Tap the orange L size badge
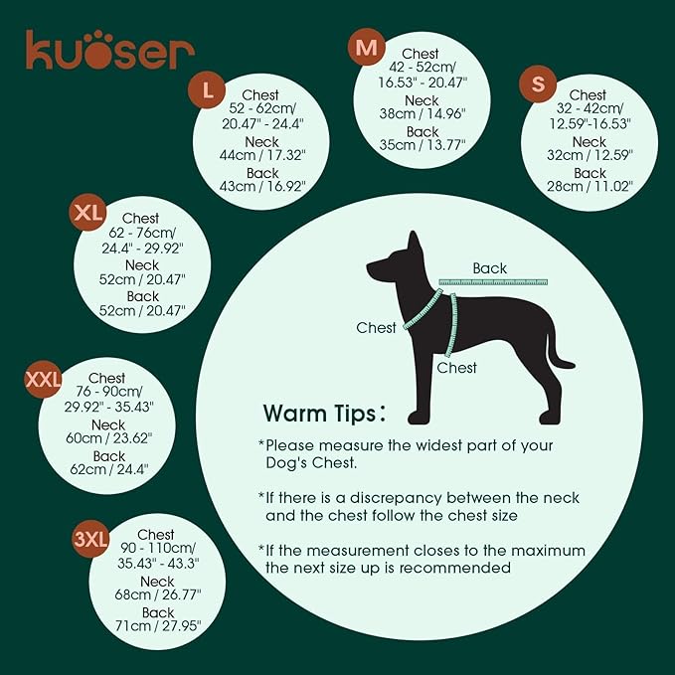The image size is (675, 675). click(x=207, y=90)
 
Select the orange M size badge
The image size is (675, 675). click(x=367, y=48)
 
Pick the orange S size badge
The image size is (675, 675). click(x=538, y=86)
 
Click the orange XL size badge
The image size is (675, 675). click(x=87, y=213)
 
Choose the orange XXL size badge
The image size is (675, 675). click(x=43, y=379)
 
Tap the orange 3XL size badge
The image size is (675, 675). click(x=90, y=539)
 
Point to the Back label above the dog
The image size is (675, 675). click(x=489, y=268)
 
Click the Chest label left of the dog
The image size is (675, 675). click(x=377, y=327)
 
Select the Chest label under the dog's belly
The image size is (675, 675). click(x=457, y=368)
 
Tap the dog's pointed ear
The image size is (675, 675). click(x=410, y=244)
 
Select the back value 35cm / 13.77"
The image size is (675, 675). click(x=422, y=146)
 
